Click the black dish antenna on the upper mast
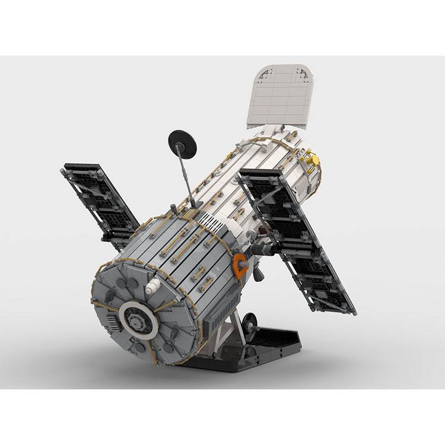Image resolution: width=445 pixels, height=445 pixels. click(x=182, y=144)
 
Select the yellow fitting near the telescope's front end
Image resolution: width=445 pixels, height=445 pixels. click(x=311, y=160)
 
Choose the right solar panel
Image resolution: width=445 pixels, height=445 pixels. click(x=297, y=237)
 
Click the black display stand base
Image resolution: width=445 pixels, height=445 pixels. click(x=261, y=350)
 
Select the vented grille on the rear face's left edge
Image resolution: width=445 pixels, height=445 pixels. click(x=112, y=322)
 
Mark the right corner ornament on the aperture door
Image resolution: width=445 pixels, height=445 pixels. click(x=303, y=75)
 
